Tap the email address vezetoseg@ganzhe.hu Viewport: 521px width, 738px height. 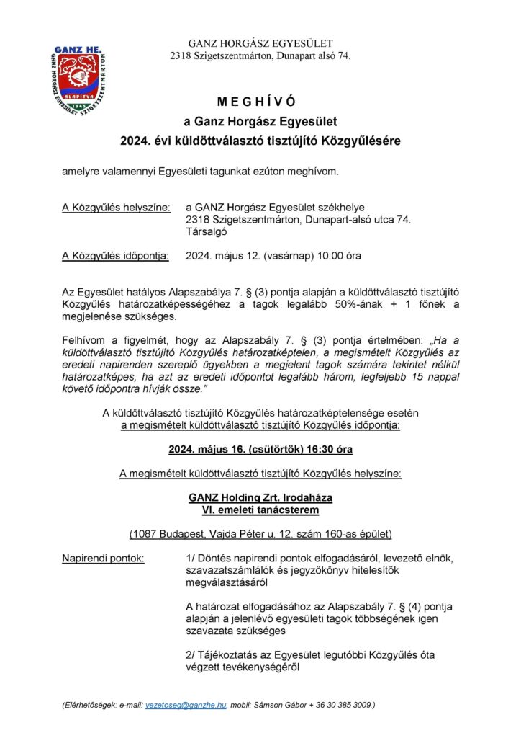186,703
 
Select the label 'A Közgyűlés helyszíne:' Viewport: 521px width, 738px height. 117,208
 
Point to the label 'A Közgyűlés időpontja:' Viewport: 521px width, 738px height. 116,255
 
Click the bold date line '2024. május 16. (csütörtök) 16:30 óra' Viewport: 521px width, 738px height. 260,449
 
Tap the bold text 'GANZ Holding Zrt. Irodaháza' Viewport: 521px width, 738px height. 260,498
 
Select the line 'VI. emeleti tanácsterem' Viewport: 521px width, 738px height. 260,510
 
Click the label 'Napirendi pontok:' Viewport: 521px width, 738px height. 102,559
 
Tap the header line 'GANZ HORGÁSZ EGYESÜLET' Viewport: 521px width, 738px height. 260,43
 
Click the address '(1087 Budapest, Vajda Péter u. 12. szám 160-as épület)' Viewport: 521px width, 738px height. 260,534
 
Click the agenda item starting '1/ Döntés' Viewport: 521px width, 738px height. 320,559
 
